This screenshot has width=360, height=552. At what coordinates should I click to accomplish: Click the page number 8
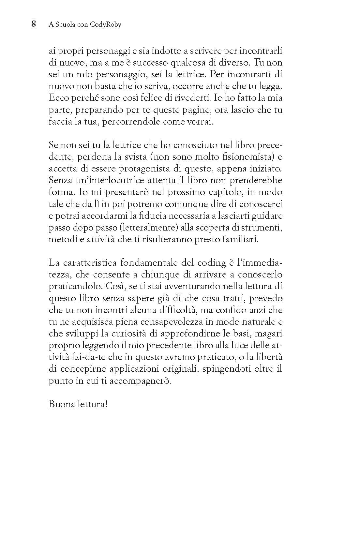pyautogui.click(x=33, y=24)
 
